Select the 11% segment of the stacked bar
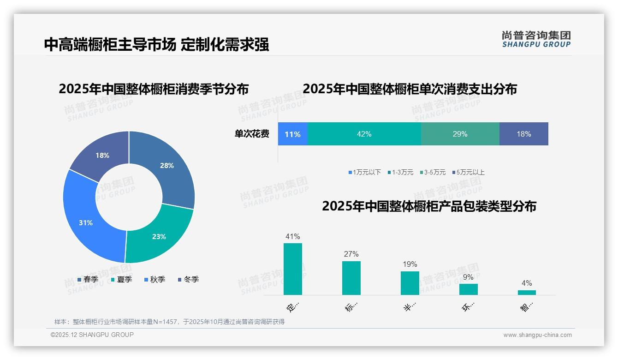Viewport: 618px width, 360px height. click(292, 134)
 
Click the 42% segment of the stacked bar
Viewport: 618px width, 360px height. click(364, 134)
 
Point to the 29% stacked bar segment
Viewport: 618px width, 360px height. click(460, 134)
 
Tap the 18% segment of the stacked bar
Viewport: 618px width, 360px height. click(523, 134)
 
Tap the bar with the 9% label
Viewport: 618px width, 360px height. click(468, 289)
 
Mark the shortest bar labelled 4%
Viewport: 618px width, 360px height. click(527, 292)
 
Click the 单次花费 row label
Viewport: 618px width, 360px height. click(252, 134)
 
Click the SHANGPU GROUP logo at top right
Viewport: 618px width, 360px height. click(536, 39)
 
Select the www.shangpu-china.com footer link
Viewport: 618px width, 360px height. click(537, 335)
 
